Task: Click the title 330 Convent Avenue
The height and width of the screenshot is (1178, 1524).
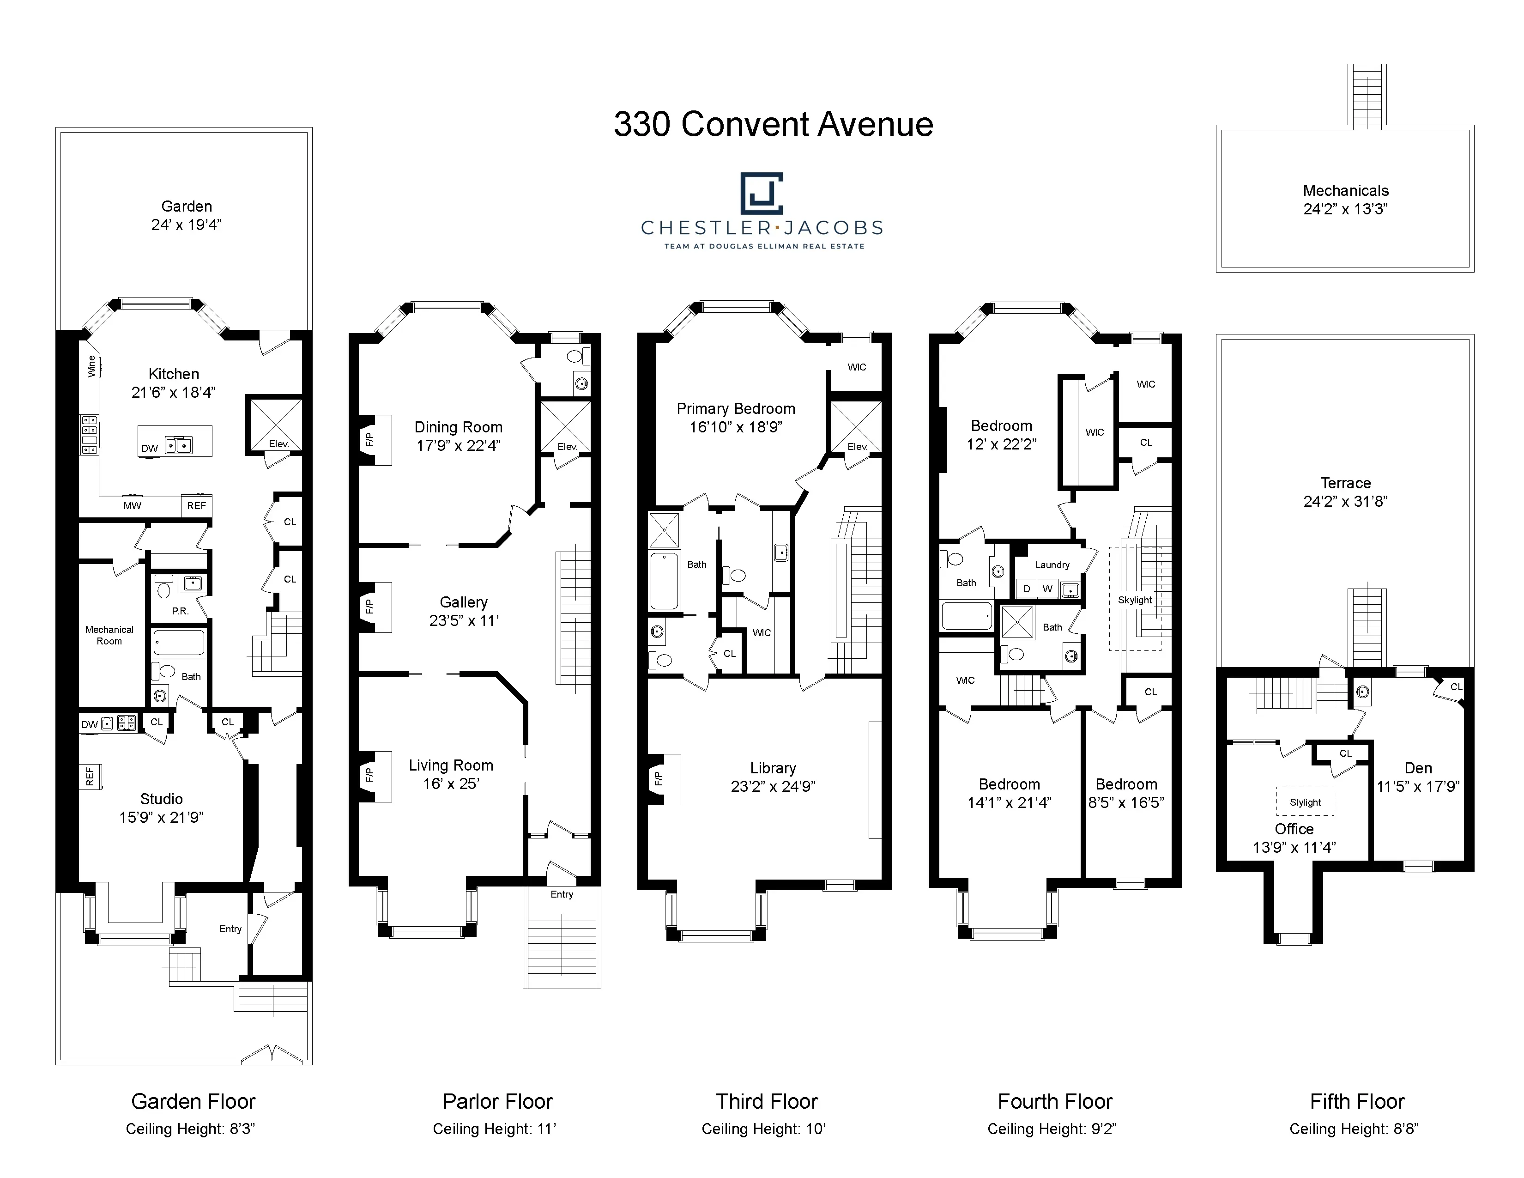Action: (x=773, y=125)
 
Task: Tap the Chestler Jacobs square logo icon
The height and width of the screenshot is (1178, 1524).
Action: (x=761, y=193)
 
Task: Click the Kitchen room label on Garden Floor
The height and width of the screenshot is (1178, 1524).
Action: (x=174, y=374)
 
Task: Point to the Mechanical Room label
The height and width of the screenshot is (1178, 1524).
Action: (x=109, y=635)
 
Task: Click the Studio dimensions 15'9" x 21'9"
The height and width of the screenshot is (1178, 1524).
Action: (x=161, y=817)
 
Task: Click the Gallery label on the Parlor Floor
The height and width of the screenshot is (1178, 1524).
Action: (x=463, y=602)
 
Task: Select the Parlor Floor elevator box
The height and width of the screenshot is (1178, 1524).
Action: (x=566, y=426)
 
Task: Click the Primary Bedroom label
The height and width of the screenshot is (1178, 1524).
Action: (x=736, y=409)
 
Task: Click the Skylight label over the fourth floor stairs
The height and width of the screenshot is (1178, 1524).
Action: (x=1135, y=600)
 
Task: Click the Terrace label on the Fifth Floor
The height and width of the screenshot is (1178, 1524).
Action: (x=1345, y=483)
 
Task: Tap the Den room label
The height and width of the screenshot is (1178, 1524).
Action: (x=1418, y=768)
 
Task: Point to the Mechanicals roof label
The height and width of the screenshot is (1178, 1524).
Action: (x=1345, y=190)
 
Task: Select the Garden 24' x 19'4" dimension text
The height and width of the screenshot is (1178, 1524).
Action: (x=186, y=225)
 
